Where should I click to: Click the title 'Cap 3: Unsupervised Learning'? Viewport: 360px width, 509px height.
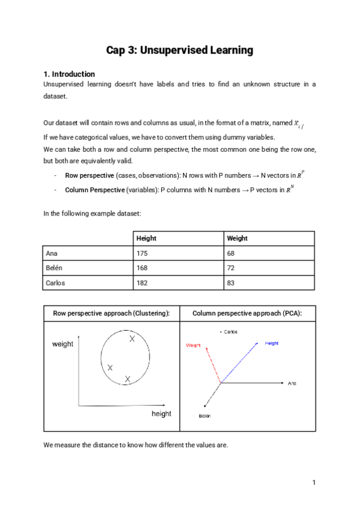tap(179, 50)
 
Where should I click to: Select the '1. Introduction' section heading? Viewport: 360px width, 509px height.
tap(70, 74)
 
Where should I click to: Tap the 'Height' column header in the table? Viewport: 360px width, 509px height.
tap(147, 238)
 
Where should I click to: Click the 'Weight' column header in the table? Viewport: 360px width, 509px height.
tap(237, 238)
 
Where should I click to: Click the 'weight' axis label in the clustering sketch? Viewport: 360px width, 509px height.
tap(63, 344)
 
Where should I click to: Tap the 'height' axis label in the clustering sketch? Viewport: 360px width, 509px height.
tap(161, 414)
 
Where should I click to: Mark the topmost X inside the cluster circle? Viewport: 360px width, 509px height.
tap(132, 340)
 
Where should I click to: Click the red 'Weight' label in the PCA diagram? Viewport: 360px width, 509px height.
tap(193, 345)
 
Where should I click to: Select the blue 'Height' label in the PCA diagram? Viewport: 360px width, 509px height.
tap(272, 343)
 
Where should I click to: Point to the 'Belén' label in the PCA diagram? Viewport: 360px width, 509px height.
tap(205, 415)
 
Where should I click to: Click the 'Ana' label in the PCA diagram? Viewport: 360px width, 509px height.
tap(292, 383)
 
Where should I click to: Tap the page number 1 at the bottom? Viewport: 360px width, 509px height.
tap(314, 483)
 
